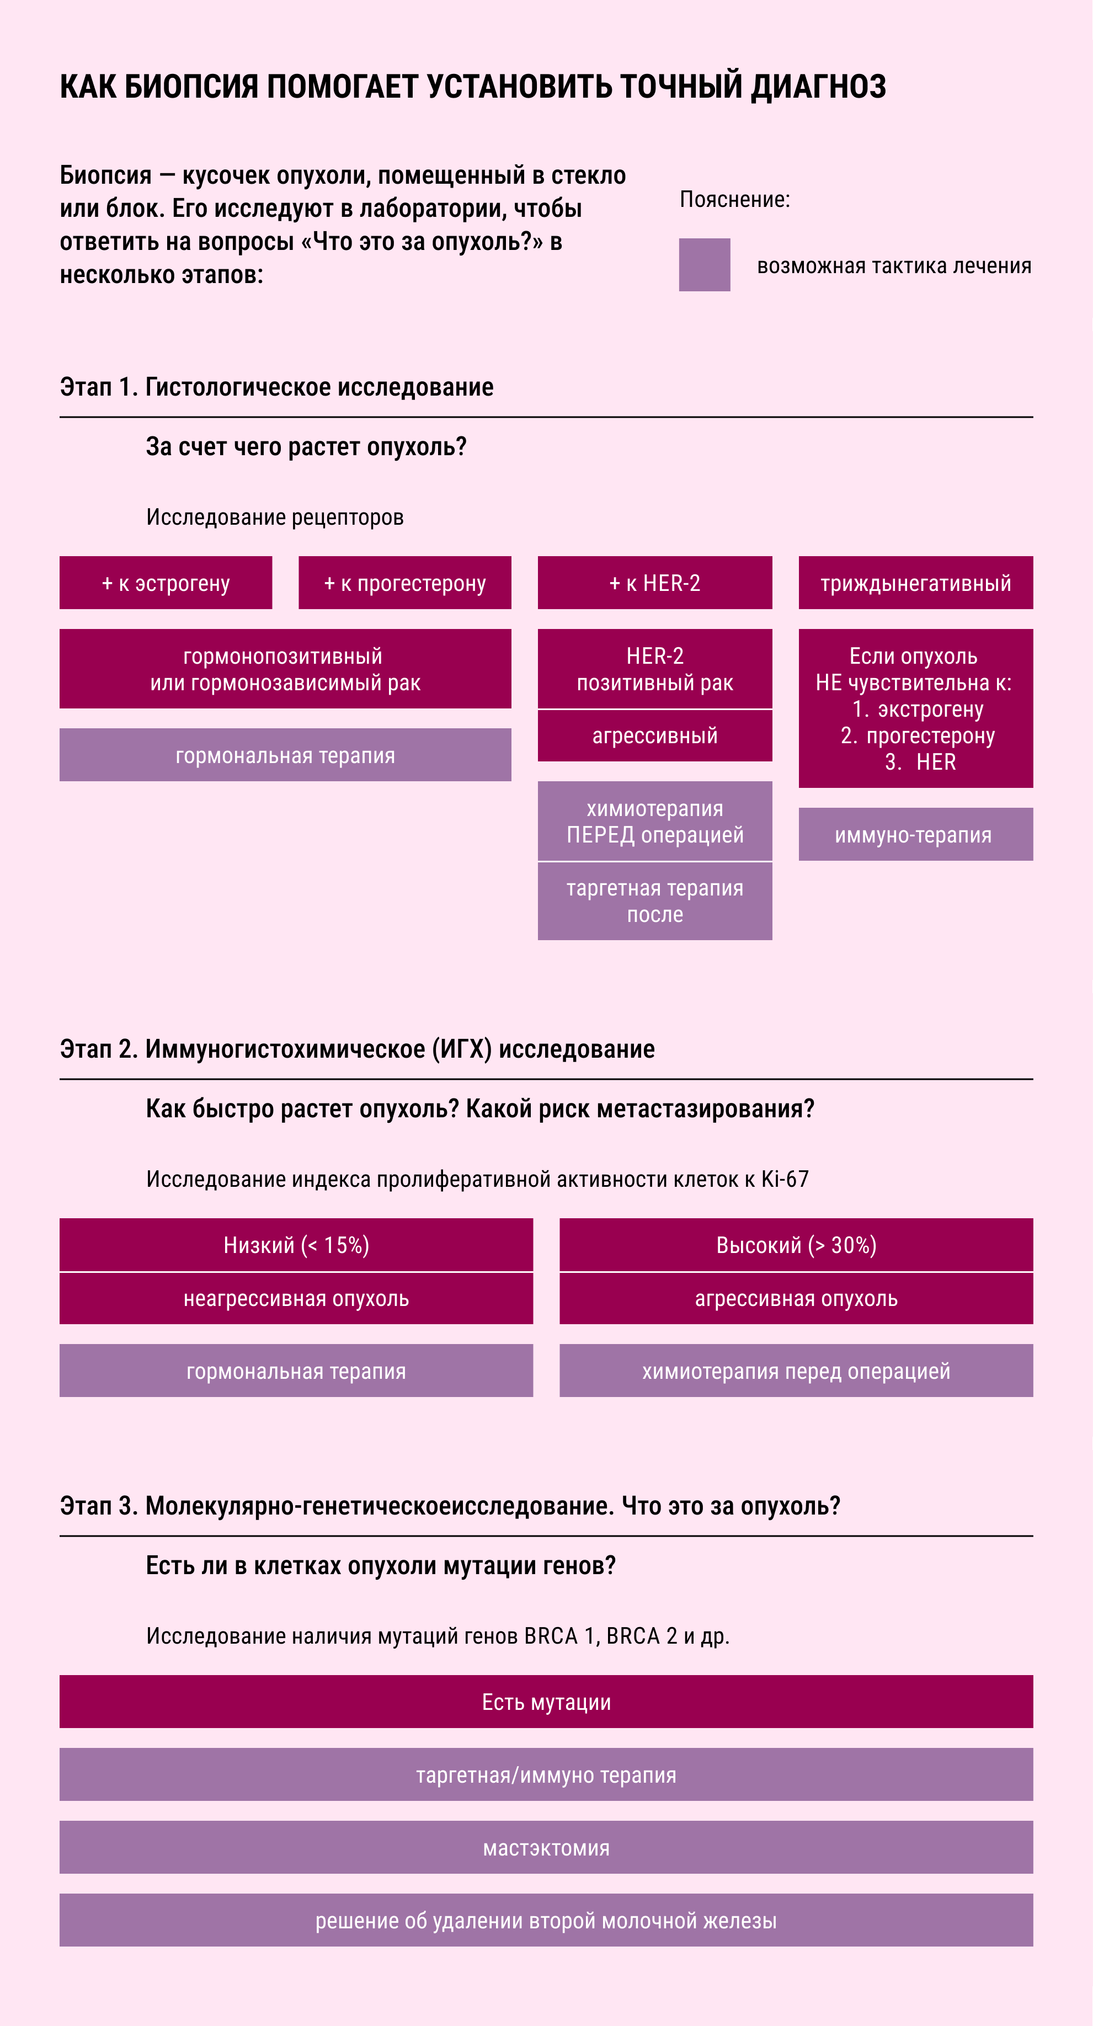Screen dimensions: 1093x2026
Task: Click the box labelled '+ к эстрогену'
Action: click(x=166, y=583)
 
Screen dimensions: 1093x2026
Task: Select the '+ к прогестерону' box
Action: click(x=405, y=583)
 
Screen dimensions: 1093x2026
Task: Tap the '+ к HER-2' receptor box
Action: click(x=655, y=583)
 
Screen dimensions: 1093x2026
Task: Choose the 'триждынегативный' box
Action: click(x=916, y=583)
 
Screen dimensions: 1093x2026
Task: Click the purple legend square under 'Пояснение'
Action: click(x=705, y=265)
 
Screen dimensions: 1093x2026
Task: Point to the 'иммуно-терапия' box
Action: click(x=916, y=834)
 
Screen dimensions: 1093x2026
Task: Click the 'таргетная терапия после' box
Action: click(x=655, y=902)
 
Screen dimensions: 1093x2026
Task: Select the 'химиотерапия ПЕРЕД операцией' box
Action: click(x=655, y=821)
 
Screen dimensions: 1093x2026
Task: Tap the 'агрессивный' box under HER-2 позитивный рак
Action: click(x=655, y=736)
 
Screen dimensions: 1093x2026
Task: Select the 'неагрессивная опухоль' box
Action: click(x=296, y=1298)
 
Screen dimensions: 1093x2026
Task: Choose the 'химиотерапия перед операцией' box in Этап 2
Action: click(x=797, y=1371)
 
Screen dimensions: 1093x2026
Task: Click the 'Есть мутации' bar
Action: click(x=546, y=1702)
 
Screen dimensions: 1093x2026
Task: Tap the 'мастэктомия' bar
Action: click(x=546, y=1847)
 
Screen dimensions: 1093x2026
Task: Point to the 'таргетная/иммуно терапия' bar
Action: click(x=546, y=1775)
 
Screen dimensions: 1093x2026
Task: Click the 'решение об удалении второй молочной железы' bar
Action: click(x=546, y=1921)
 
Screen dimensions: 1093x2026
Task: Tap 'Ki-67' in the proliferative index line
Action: click(x=785, y=1179)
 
